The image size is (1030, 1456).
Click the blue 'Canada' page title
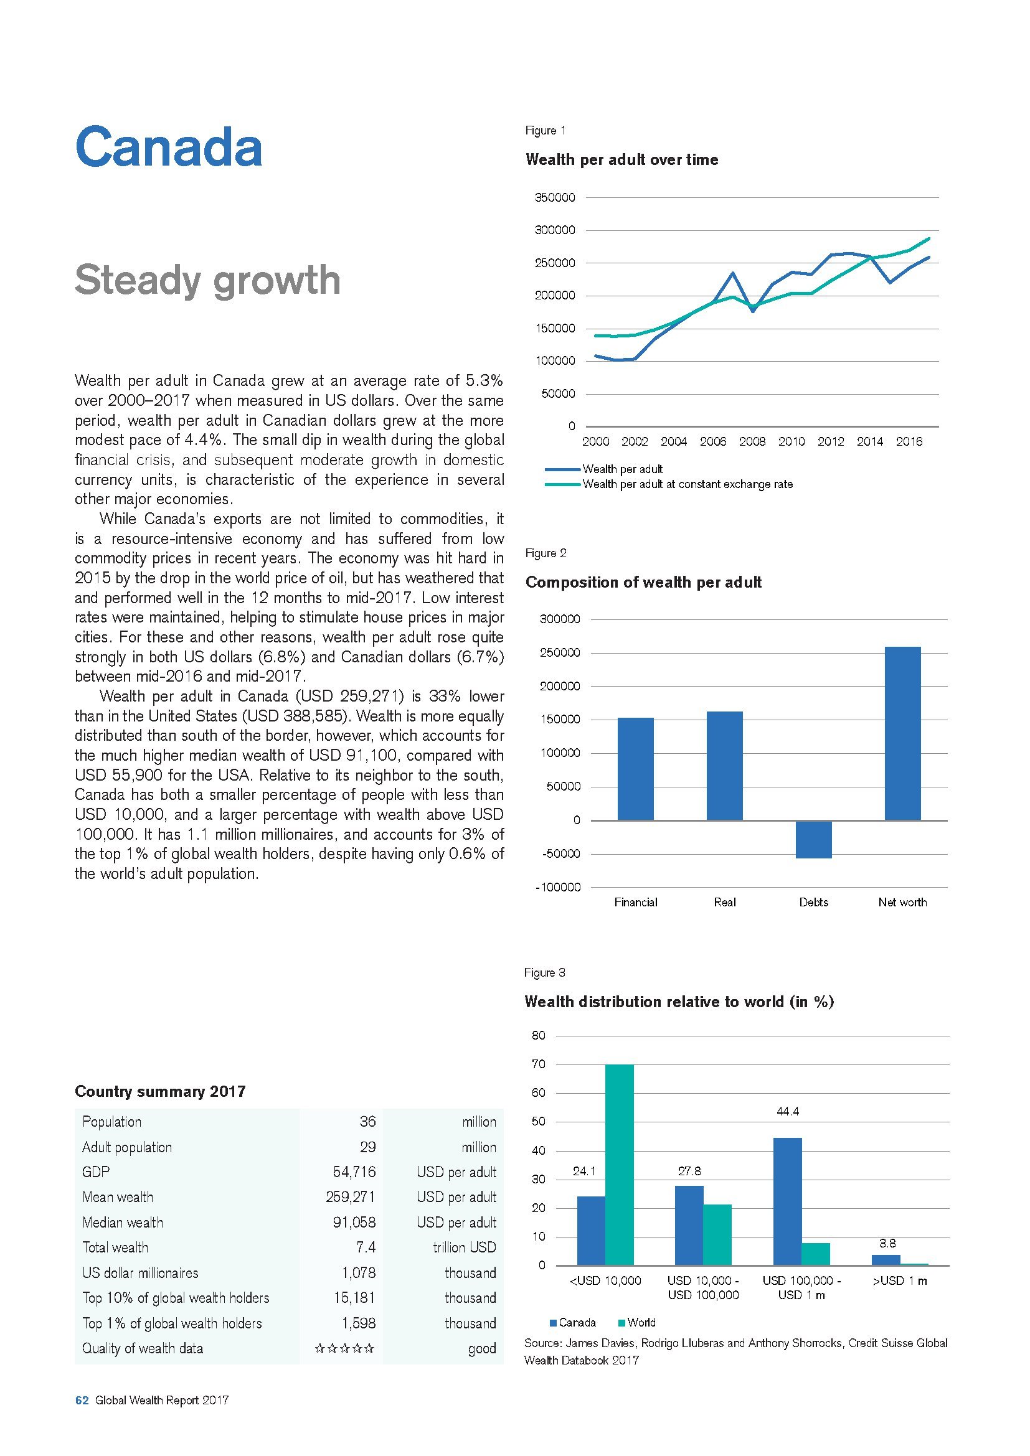(x=168, y=147)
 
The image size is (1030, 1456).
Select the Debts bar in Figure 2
(x=814, y=839)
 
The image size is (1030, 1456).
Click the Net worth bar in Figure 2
(x=902, y=733)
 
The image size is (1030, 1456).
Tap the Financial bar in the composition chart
(x=636, y=769)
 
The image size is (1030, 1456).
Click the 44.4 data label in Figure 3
(x=788, y=1112)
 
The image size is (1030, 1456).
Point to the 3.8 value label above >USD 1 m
(x=887, y=1244)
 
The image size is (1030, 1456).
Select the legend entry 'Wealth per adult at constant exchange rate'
(x=687, y=484)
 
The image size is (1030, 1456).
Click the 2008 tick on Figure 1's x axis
(x=752, y=442)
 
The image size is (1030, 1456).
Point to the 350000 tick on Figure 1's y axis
(x=555, y=198)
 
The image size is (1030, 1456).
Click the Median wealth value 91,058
(x=354, y=1222)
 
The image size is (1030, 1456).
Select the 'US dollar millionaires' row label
(x=140, y=1273)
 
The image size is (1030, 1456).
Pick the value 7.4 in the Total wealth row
(x=366, y=1247)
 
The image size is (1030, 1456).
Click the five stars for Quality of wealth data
(x=344, y=1348)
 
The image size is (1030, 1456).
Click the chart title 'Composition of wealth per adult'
(x=644, y=582)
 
